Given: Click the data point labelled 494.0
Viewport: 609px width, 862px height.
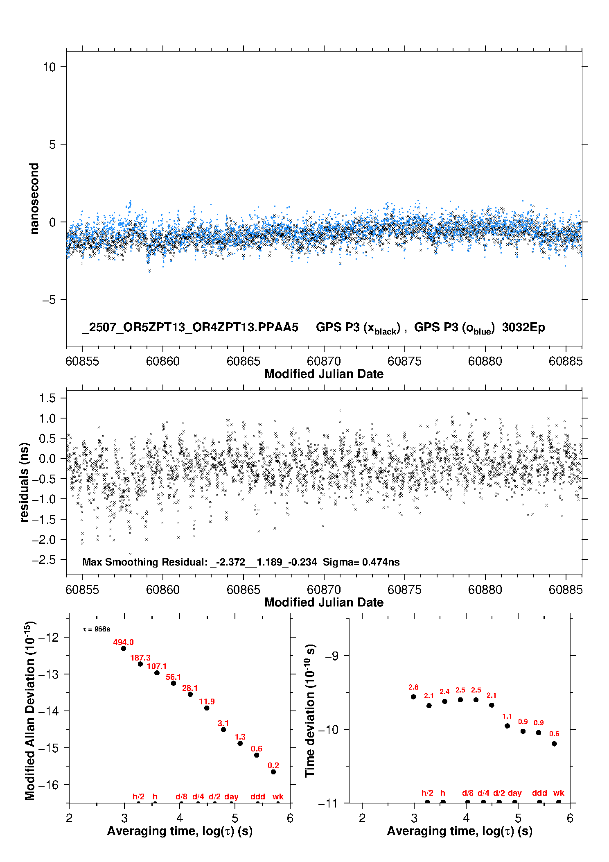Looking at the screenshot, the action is tap(124, 648).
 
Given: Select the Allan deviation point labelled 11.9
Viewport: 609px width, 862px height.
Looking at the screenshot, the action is tap(207, 708).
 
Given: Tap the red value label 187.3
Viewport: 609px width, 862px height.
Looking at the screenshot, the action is tap(140, 658).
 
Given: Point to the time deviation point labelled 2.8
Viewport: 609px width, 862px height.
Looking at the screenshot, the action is tap(413, 697).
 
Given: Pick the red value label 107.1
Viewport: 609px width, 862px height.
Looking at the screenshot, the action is tap(157, 667).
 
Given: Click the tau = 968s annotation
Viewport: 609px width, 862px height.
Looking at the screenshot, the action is tap(97, 629).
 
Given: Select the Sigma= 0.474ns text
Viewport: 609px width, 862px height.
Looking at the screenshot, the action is tap(361, 562).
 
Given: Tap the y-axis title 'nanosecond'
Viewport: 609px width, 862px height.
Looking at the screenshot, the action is tap(34, 198).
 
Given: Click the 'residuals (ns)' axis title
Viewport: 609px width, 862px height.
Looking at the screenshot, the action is tap(24, 482).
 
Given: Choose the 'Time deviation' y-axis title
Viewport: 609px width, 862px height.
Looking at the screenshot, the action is tap(310, 711).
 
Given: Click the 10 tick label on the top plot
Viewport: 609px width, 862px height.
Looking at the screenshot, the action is tap(49, 67).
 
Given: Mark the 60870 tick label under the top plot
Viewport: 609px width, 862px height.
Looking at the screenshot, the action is tap(324, 361).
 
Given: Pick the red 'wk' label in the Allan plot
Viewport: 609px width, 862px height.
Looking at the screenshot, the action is tap(278, 796).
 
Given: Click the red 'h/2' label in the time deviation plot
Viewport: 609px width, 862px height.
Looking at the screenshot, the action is tap(427, 793).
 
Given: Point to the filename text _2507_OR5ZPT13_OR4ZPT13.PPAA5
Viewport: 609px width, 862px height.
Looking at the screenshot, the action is tap(190, 328).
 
